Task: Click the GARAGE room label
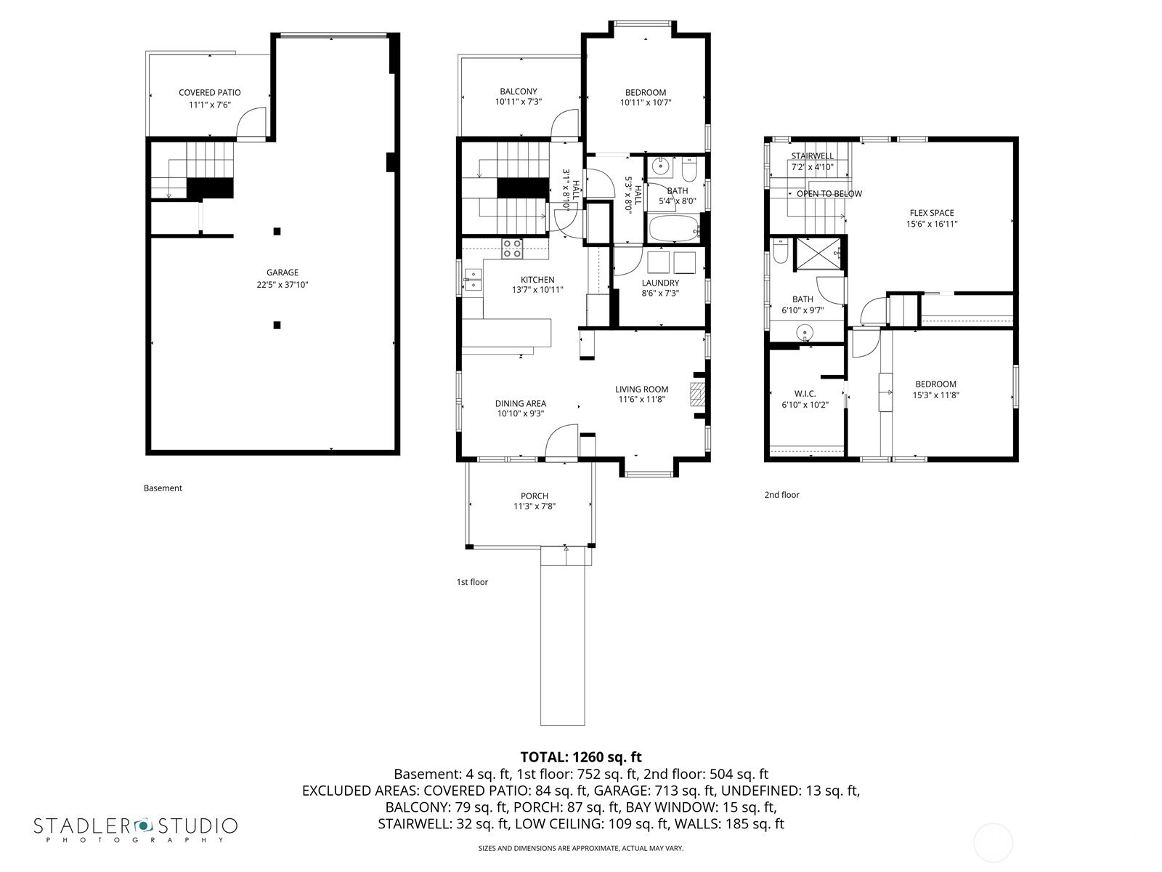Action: pos(283,272)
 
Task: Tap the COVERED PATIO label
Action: pos(210,93)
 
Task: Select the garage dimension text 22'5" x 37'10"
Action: pos(283,285)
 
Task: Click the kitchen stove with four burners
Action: pos(512,249)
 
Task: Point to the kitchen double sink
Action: pos(473,280)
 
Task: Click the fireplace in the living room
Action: pos(697,394)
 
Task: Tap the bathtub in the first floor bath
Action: pos(674,228)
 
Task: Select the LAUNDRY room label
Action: pos(660,283)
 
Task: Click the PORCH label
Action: pos(534,496)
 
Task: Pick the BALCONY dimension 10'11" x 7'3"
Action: pos(519,102)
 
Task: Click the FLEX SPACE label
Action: pos(932,213)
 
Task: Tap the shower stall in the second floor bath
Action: pos(818,254)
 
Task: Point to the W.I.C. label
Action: pos(805,393)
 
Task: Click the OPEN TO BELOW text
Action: pos(829,194)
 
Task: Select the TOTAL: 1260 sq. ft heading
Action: pos(581,757)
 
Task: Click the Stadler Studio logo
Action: pos(136,829)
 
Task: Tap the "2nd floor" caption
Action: pos(781,495)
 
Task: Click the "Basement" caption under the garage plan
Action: pos(163,488)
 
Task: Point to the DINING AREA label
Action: pos(521,403)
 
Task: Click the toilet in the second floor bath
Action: pos(781,251)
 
